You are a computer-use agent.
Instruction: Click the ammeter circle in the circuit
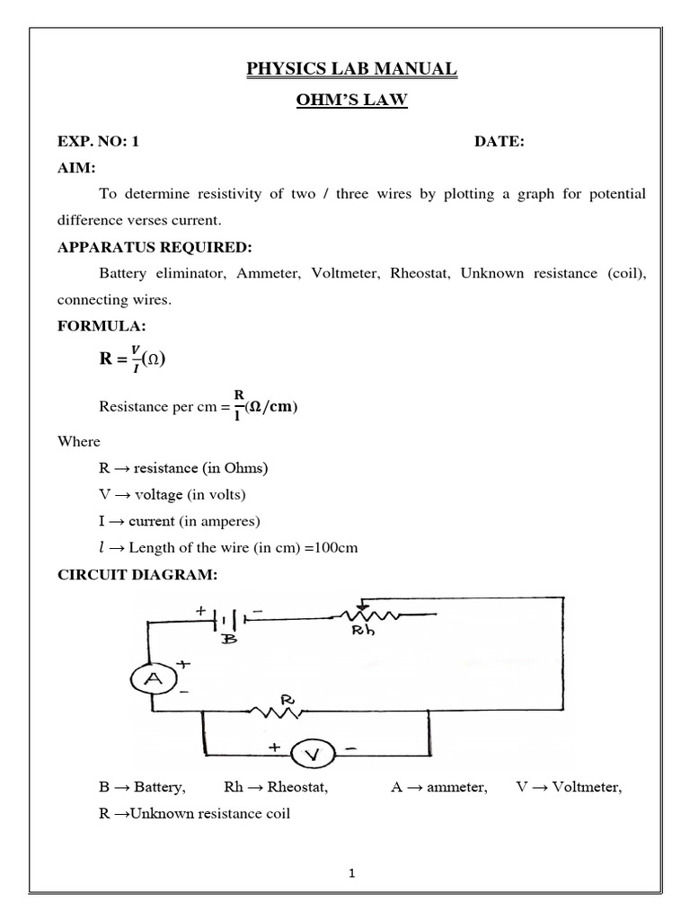click(153, 680)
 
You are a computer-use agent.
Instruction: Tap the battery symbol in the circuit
click(230, 619)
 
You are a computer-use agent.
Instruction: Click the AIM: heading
click(76, 168)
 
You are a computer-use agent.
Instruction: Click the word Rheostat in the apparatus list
click(421, 273)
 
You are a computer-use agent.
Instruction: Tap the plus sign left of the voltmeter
click(271, 747)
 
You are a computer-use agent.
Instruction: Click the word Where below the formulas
click(79, 441)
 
